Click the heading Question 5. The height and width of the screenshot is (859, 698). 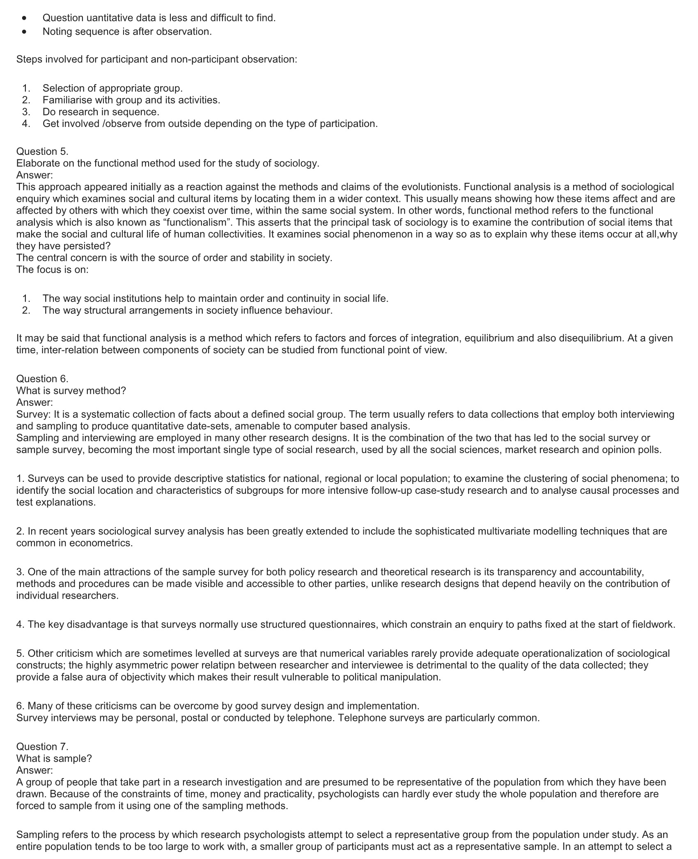(x=42, y=151)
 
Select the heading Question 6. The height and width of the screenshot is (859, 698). (x=42, y=378)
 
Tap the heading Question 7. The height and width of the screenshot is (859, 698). (x=42, y=746)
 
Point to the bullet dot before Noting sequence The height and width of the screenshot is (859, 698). (x=25, y=32)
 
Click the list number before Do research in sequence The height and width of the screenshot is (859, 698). (x=26, y=112)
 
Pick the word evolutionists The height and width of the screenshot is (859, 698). (x=430, y=187)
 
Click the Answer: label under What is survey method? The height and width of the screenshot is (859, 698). (x=34, y=402)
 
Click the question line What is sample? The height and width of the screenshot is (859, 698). (x=54, y=758)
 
